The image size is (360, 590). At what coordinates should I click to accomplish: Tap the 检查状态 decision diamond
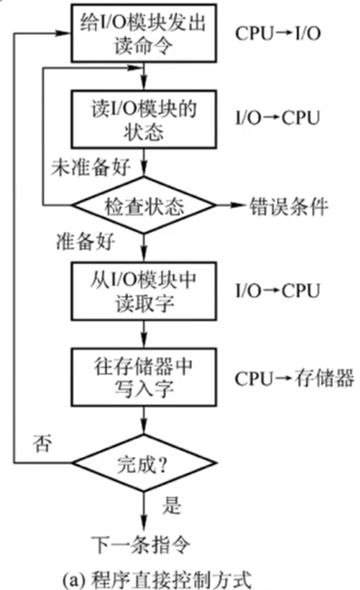(142, 207)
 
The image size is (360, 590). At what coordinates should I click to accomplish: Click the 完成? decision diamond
(142, 464)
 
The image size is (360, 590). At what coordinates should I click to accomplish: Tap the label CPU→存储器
(294, 378)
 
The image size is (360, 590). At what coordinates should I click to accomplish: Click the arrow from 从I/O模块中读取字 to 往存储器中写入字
(142, 334)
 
